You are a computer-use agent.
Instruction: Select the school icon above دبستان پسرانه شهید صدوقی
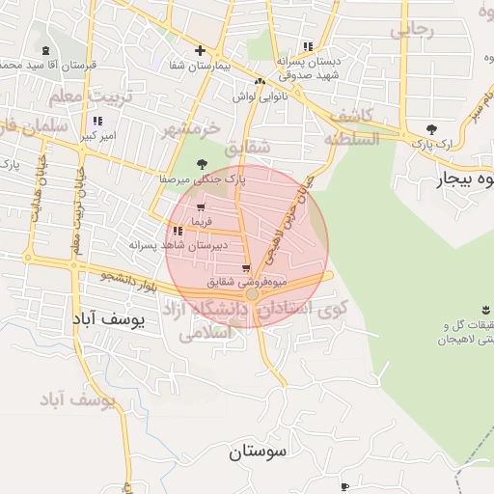[x=308, y=45]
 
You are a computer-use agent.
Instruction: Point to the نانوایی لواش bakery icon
[x=261, y=82]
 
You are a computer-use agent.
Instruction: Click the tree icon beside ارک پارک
[x=430, y=128]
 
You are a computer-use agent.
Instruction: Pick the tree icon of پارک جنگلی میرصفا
[x=201, y=164]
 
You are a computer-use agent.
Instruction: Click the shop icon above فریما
[x=200, y=207]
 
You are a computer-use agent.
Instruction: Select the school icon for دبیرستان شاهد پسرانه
[x=178, y=231]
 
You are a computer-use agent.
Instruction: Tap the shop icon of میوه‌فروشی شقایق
[x=247, y=268]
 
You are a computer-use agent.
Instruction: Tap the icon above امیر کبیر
[x=96, y=121]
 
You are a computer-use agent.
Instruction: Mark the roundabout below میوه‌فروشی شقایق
[x=252, y=293]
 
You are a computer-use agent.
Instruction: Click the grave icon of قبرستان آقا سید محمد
[x=46, y=50]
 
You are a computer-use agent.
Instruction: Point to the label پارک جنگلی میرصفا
[x=204, y=179]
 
